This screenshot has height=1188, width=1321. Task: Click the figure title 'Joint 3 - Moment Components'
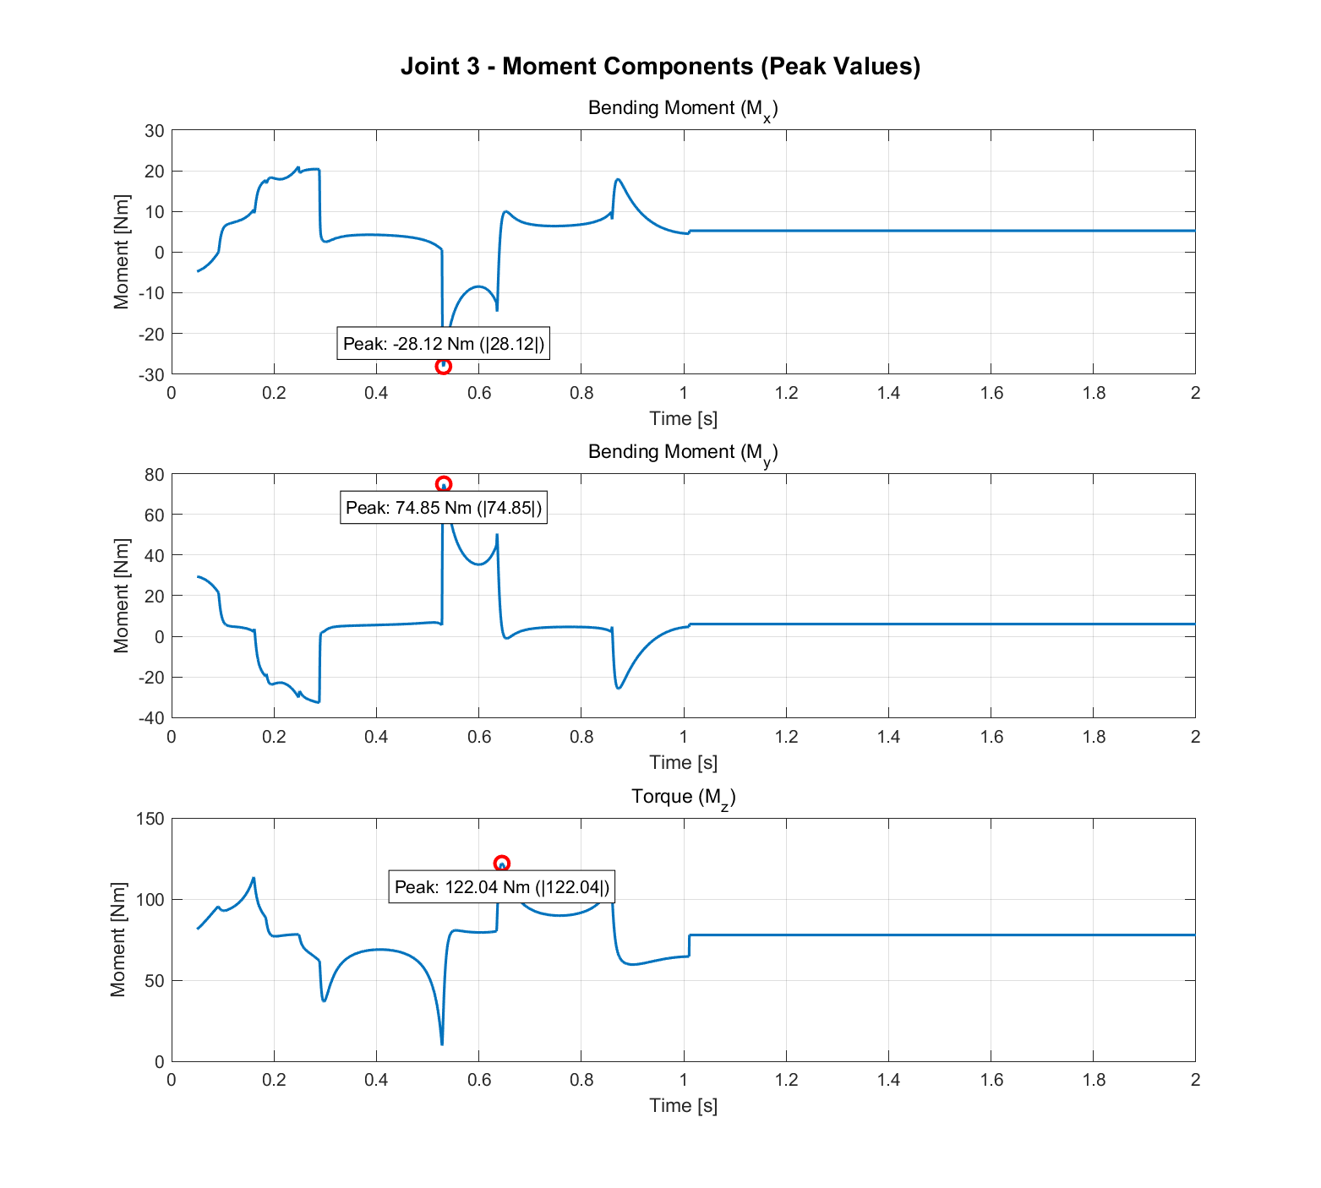click(660, 66)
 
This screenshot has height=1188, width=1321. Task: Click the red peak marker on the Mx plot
click(443, 366)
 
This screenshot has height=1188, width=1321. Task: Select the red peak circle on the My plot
click(443, 484)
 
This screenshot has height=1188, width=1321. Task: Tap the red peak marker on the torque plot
click(501, 864)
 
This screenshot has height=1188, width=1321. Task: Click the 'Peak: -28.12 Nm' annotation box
click(443, 343)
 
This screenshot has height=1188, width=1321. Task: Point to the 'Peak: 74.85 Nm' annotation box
click(443, 508)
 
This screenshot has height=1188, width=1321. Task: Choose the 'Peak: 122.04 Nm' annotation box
click(501, 887)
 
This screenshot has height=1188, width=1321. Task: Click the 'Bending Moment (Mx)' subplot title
click(682, 109)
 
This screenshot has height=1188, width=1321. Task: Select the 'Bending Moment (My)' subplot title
click(682, 453)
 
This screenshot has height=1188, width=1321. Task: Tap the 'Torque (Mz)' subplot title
click(683, 797)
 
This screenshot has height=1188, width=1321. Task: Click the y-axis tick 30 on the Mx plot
click(154, 131)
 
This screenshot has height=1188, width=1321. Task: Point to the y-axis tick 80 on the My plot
click(154, 475)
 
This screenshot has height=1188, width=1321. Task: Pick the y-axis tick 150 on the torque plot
click(150, 819)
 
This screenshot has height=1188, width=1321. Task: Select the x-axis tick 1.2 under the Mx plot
click(786, 393)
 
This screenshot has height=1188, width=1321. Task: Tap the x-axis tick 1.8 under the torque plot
click(1093, 1080)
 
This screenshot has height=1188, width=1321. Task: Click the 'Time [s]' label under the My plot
click(683, 762)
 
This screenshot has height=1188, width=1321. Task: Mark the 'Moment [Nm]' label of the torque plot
click(118, 940)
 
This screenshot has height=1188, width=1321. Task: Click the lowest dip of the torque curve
click(442, 1044)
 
